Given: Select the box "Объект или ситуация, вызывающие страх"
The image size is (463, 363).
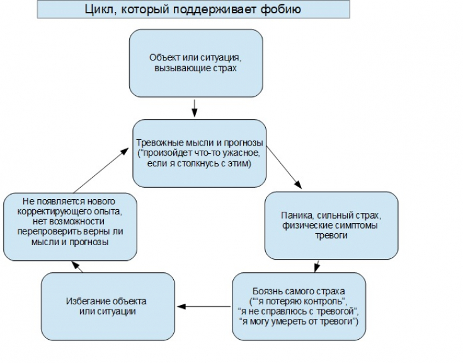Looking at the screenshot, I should click(x=195, y=63).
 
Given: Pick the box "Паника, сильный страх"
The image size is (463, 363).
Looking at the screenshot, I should click(x=331, y=225).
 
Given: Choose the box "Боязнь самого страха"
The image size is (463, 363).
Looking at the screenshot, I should click(x=299, y=306).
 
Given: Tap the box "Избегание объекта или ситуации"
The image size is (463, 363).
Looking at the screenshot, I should click(x=108, y=306).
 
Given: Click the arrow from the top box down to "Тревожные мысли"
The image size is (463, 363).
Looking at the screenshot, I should click(x=195, y=108).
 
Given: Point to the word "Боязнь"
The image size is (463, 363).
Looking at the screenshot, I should click(x=266, y=291).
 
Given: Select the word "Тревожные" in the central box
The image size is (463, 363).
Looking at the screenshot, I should click(x=158, y=142).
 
